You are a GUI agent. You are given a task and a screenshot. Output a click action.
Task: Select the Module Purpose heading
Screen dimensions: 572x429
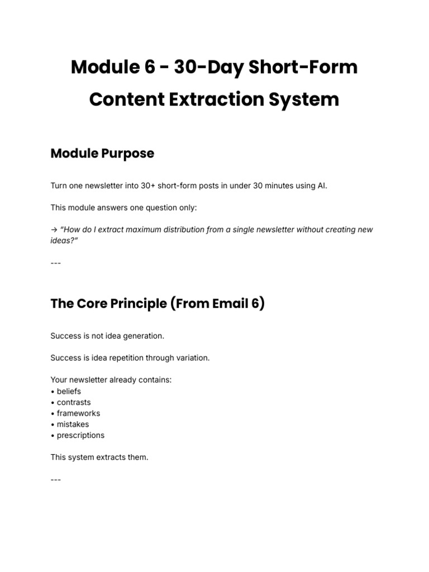102,153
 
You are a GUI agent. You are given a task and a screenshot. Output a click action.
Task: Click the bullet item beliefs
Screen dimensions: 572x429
69,391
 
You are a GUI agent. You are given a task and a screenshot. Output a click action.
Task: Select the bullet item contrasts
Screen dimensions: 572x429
74,402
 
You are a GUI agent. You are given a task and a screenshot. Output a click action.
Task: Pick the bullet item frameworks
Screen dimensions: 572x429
78,413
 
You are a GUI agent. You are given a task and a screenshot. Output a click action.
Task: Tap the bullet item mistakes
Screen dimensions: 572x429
73,424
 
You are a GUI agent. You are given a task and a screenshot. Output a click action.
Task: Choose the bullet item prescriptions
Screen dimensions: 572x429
80,435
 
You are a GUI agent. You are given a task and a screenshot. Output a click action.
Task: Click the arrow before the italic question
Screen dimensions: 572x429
54,230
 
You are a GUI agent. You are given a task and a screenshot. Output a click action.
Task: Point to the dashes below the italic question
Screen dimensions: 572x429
55,262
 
